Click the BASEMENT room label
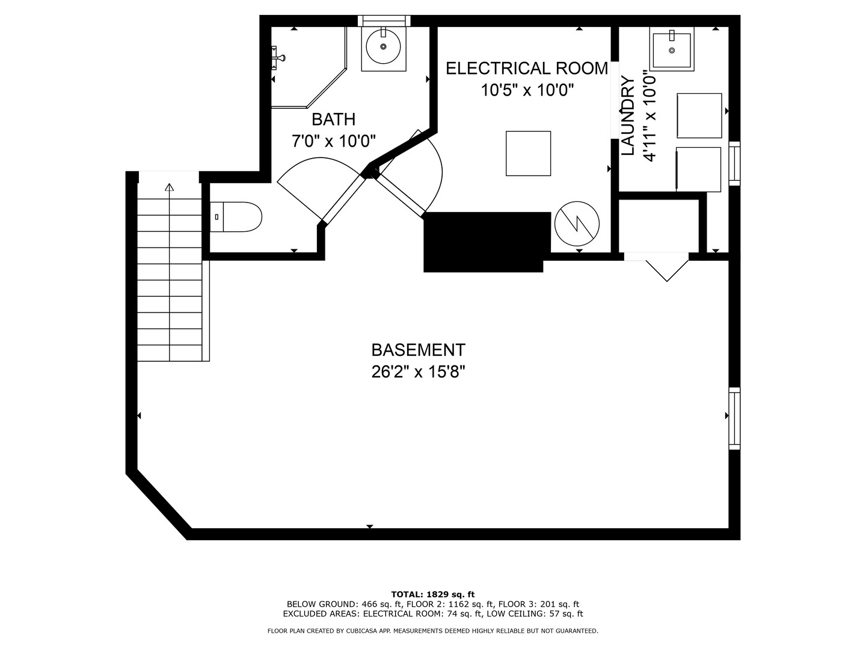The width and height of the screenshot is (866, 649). (418, 350)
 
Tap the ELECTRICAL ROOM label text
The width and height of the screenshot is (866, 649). (527, 69)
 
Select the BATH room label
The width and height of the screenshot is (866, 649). (333, 120)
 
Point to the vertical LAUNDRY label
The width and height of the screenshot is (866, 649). (628, 115)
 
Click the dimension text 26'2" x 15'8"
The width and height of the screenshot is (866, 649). (418, 371)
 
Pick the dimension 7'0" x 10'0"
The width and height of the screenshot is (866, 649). (333, 141)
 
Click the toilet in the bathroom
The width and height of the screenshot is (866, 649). (236, 217)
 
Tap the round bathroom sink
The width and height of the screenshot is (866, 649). (384, 46)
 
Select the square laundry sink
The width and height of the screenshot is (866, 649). (672, 50)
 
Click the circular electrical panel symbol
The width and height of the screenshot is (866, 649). (577, 224)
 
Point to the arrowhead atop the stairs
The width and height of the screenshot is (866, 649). (170, 187)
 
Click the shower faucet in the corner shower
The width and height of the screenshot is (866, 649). (278, 58)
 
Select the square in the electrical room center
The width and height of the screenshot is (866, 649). (528, 153)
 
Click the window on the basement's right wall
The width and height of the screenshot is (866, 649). (734, 418)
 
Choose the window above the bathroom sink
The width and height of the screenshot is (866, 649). (384, 21)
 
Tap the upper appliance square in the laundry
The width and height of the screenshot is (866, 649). (699, 115)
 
